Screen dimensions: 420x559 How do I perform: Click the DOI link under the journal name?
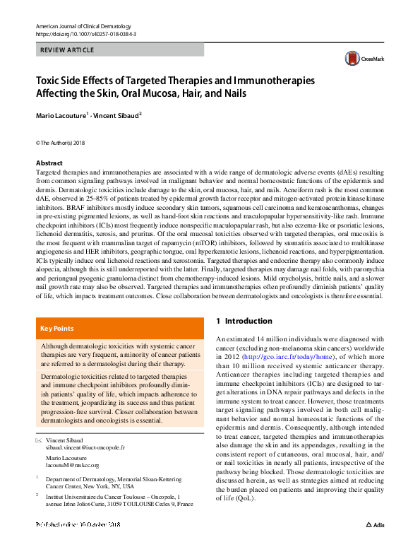[x=85, y=34]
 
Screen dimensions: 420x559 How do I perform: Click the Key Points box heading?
[x=56, y=329]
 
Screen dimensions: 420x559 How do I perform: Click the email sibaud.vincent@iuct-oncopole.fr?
[x=85, y=448]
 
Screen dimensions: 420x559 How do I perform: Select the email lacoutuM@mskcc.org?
[x=72, y=465]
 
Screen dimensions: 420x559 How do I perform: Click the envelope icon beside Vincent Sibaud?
[x=39, y=440]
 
